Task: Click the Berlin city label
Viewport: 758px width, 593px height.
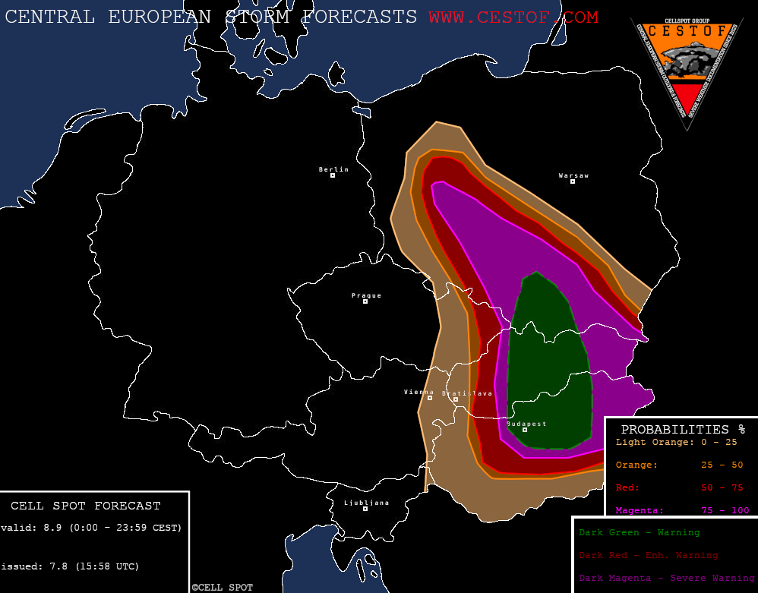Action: pyautogui.click(x=333, y=169)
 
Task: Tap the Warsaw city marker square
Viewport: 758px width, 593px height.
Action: pyautogui.click(x=573, y=181)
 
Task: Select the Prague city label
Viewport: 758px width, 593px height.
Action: pyautogui.click(x=366, y=295)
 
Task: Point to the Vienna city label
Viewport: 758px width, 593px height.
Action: pyautogui.click(x=418, y=392)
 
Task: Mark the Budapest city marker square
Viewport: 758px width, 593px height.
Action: pyautogui.click(x=524, y=430)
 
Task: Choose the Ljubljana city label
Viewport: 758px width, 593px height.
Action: pyautogui.click(x=366, y=503)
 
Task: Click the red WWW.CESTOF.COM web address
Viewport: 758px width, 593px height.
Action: pyautogui.click(x=513, y=17)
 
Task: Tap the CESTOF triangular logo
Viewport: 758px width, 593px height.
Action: pyautogui.click(x=686, y=68)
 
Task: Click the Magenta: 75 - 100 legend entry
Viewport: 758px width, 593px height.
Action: pyautogui.click(x=682, y=510)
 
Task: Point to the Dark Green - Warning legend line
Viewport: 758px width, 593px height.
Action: pyautogui.click(x=639, y=532)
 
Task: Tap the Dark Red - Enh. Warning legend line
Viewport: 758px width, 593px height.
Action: pyautogui.click(x=648, y=555)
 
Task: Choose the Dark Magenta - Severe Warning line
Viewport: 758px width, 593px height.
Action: pyautogui.click(x=666, y=578)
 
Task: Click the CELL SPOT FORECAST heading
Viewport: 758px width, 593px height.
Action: pyautogui.click(x=86, y=506)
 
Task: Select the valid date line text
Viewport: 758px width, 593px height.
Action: pyautogui.click(x=91, y=528)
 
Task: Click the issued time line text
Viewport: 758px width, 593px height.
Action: pyautogui.click(x=70, y=566)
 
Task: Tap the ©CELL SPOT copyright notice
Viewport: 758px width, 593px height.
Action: pyautogui.click(x=222, y=588)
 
